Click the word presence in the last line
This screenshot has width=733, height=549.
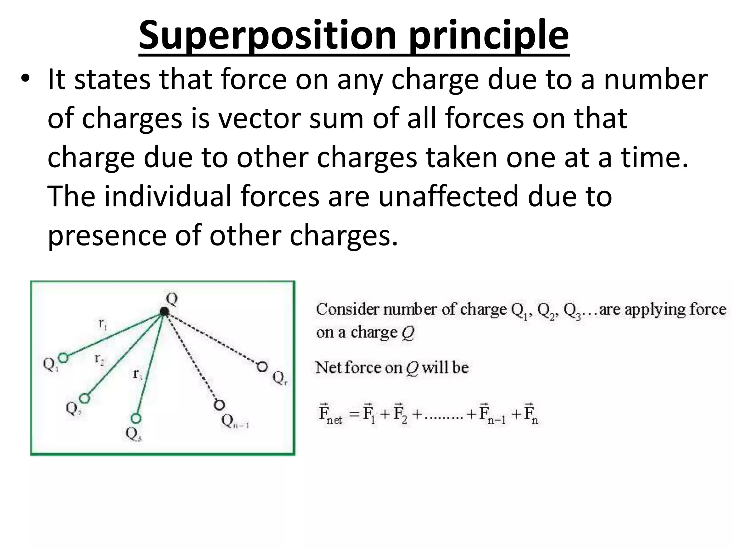tap(107, 236)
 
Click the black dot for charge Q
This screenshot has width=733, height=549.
tap(164, 312)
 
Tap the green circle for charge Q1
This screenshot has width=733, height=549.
tap(63, 357)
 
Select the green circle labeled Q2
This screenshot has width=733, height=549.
tap(84, 398)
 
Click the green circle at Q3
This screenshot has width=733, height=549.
tap(136, 418)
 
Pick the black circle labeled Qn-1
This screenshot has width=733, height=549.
tap(219, 405)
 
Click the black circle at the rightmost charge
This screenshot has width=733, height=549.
tap(262, 367)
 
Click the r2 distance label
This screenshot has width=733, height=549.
tap(99, 359)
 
